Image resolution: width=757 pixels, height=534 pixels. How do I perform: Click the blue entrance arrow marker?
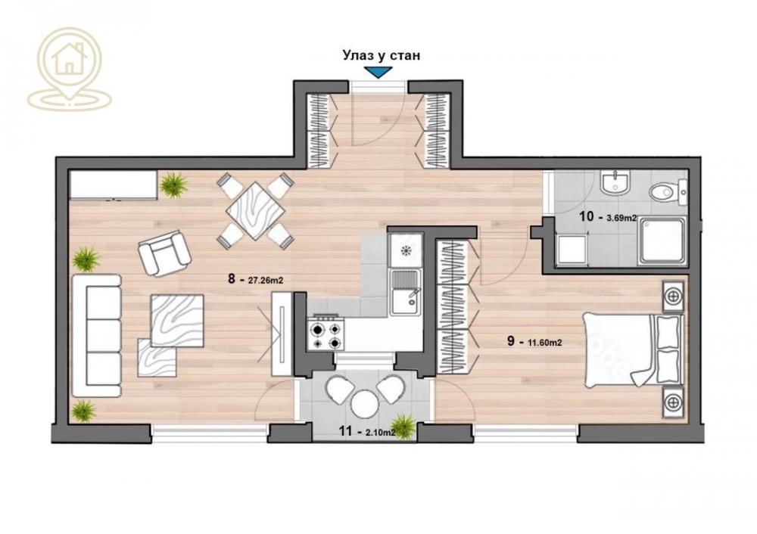376,73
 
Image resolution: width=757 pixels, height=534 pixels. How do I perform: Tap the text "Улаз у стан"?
381,54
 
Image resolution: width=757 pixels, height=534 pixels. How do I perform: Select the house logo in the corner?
69,69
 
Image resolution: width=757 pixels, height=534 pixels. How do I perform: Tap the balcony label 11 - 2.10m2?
366,433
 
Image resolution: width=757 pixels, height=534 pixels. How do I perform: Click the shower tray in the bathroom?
662,242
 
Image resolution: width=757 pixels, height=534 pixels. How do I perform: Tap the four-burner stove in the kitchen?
326,333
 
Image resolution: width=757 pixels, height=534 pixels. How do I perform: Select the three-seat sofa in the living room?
96,335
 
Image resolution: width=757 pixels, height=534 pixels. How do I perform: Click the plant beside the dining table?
174,184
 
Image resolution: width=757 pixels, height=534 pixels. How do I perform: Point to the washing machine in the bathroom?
572,249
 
